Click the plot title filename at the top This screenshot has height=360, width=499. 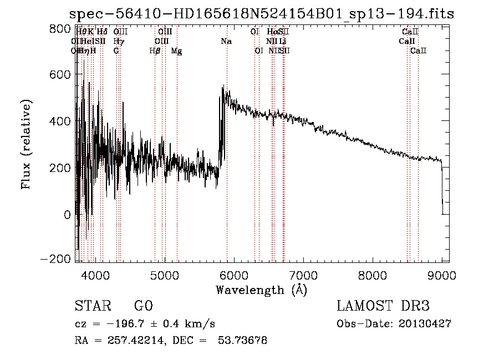point(262,14)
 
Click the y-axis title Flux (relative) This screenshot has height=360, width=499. point(26,144)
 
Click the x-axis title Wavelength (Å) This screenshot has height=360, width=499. point(261,290)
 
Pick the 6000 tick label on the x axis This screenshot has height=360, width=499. point(233,275)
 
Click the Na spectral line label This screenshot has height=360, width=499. point(226,42)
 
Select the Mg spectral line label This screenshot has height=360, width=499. point(176,51)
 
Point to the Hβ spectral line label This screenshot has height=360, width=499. point(155,51)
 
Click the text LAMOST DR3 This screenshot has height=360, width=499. point(383,306)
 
